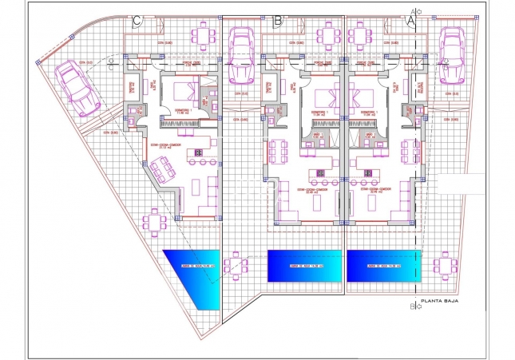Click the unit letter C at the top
pos(137,21)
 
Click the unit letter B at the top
pos(276,21)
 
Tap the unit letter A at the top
pos(412,22)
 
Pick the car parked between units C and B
pos(241,56)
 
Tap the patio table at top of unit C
pos(205,34)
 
